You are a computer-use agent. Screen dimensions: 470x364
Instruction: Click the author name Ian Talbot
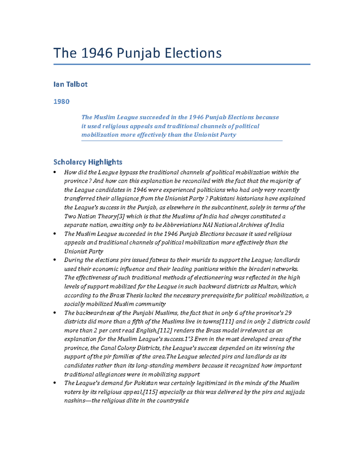[x=70, y=84]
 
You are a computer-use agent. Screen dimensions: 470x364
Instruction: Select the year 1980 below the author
[x=61, y=102]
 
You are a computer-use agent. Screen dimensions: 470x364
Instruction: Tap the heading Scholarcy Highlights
[x=88, y=162]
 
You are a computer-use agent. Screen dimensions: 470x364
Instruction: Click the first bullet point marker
[x=55, y=173]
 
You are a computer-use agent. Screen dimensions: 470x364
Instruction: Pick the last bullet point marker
[x=55, y=383]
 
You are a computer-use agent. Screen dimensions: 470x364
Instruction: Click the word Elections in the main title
[x=193, y=53]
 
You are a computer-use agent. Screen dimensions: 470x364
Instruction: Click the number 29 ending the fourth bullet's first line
[x=288, y=313]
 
